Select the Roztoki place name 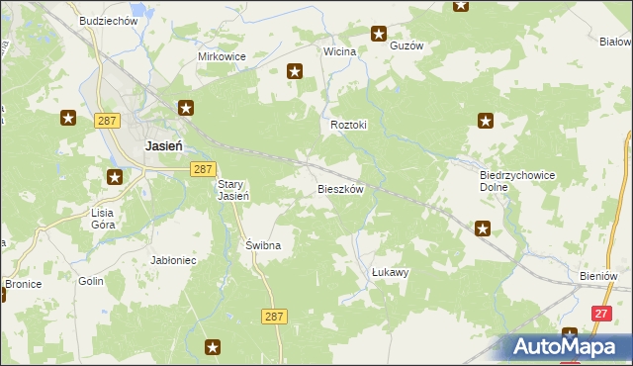348,126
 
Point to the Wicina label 339,50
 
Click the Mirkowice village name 222,56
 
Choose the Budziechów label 108,21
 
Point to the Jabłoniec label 174,260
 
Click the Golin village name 91,281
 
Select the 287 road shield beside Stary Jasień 203,169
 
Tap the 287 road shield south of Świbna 276,316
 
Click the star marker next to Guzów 378,35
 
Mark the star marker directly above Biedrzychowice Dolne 486,122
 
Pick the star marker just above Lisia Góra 115,178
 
